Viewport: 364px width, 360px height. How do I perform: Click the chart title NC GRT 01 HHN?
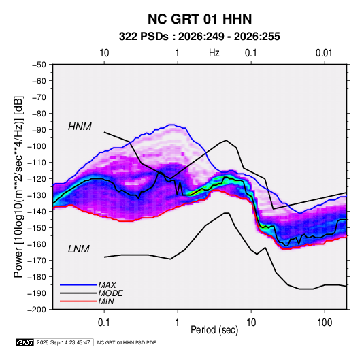pyautogui.click(x=199, y=19)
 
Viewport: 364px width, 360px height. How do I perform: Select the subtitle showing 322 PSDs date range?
pyautogui.click(x=199, y=37)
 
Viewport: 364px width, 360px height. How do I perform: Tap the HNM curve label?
pyautogui.click(x=80, y=127)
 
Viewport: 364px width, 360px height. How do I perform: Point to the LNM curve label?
pyautogui.click(x=78, y=249)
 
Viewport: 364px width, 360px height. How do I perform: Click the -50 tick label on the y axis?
pyautogui.click(x=39, y=65)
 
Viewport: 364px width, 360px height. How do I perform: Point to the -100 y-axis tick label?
pyautogui.click(x=37, y=146)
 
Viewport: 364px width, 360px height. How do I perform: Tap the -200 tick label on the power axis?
pyautogui.click(x=37, y=310)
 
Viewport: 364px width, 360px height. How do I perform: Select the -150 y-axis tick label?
pyautogui.click(x=37, y=227)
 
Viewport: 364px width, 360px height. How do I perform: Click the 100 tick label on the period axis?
pyautogui.click(x=325, y=323)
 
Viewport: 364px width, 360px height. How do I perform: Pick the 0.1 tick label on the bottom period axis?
pyautogui.click(x=104, y=323)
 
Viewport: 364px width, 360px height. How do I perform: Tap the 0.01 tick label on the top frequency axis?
pyautogui.click(x=324, y=53)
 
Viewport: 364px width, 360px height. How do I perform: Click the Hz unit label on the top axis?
pyautogui.click(x=214, y=53)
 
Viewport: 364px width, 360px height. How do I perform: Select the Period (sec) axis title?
pyautogui.click(x=214, y=330)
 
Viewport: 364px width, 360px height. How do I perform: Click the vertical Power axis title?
pyautogui.click(x=18, y=186)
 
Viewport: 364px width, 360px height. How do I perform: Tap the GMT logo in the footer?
pyautogui.click(x=25, y=342)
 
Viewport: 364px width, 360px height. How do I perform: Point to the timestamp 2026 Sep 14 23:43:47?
pyautogui.click(x=63, y=342)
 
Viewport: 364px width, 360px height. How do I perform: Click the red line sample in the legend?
pyautogui.click(x=78, y=301)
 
